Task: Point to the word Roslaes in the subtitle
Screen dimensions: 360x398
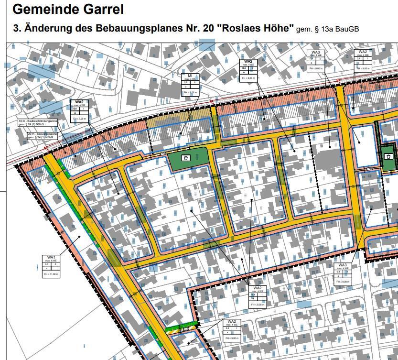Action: click(x=239, y=28)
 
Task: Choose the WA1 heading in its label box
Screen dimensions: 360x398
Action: click(x=51, y=258)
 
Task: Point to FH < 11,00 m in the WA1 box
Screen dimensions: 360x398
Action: click(x=51, y=274)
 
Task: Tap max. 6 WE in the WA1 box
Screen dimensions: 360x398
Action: click(x=51, y=261)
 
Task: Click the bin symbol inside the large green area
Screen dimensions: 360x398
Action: click(x=186, y=157)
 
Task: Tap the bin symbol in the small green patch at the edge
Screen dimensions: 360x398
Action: click(x=389, y=156)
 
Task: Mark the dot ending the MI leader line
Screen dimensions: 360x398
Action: click(x=180, y=134)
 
